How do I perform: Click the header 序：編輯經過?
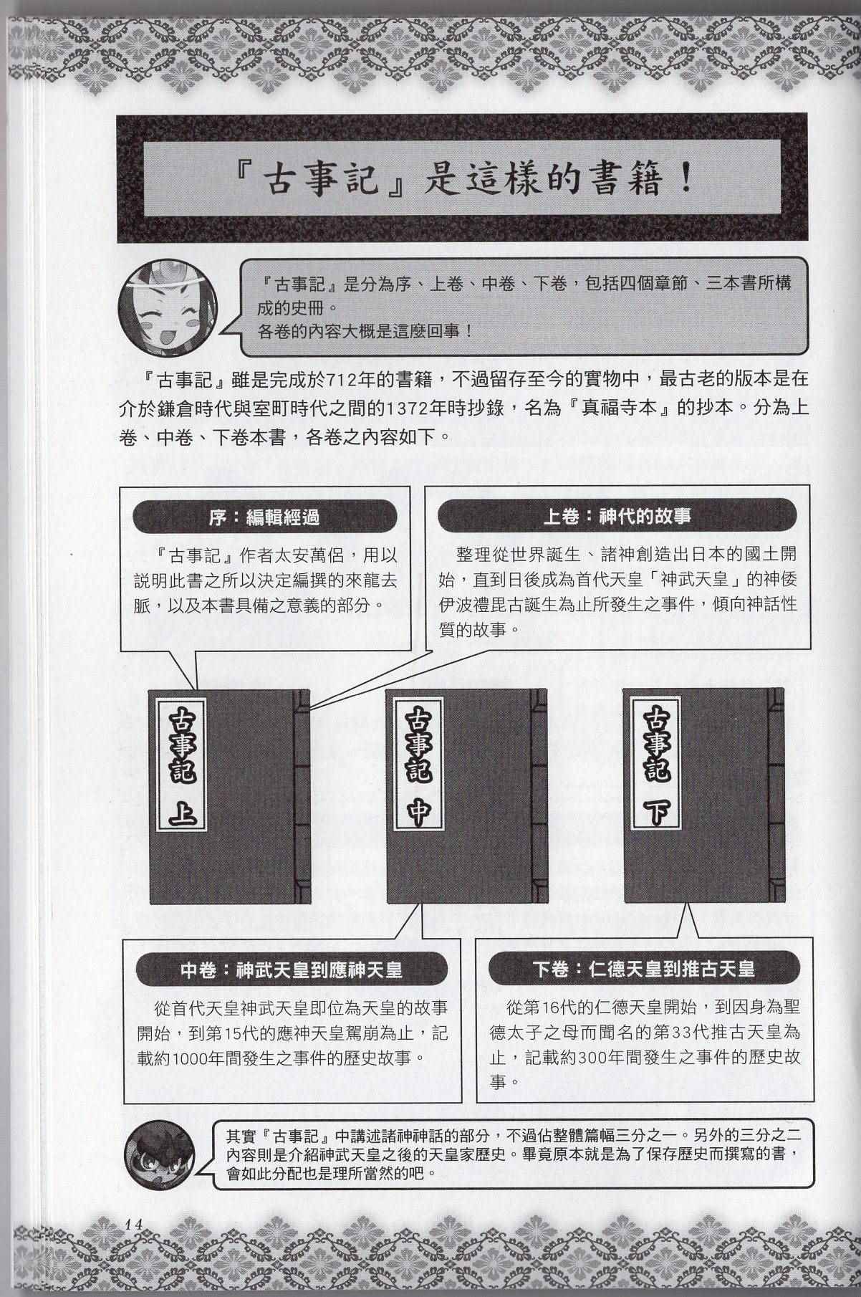265,517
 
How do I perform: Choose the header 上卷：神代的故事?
617,517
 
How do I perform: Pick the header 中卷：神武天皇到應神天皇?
292,970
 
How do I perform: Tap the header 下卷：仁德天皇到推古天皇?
644,970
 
